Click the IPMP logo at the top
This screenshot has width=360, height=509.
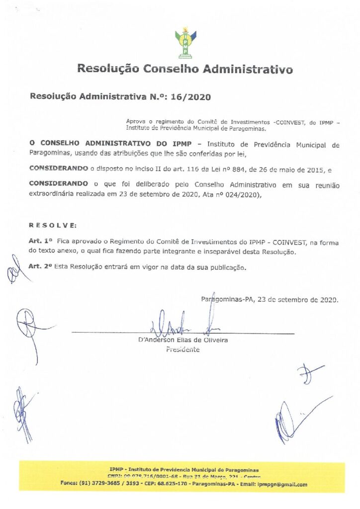[185, 44]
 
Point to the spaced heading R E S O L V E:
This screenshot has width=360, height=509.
[53, 225]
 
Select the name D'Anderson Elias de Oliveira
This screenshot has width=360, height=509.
[182, 340]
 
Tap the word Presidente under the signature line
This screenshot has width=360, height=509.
[182, 349]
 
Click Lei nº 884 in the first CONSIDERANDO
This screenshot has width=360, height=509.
[221, 170]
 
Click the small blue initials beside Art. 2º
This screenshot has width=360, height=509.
[13, 271]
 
